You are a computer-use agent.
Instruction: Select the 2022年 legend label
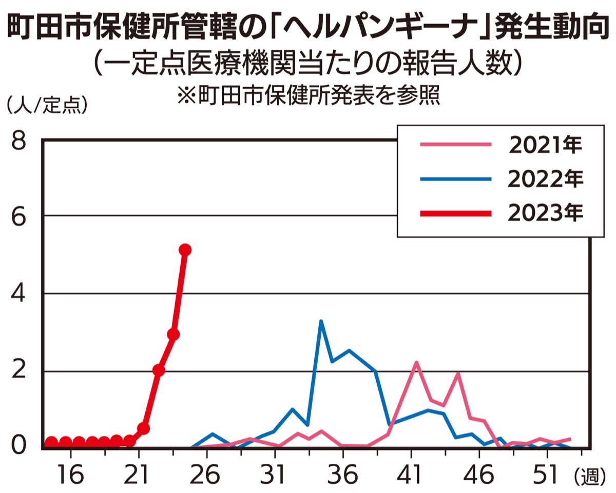click(x=545, y=179)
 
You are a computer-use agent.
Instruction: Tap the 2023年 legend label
click(x=545, y=212)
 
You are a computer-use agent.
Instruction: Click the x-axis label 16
click(x=70, y=475)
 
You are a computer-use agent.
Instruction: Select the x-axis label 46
click(x=478, y=475)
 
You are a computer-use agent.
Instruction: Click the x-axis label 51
click(x=546, y=475)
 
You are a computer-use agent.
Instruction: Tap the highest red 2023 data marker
click(x=185, y=250)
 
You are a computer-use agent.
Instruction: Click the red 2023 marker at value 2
click(x=159, y=370)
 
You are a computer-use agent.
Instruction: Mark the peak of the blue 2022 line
click(x=321, y=322)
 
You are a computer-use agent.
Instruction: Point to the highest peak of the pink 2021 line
click(x=416, y=362)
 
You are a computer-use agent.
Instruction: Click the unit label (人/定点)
click(x=47, y=106)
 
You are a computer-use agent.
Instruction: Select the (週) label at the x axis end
click(x=586, y=477)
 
